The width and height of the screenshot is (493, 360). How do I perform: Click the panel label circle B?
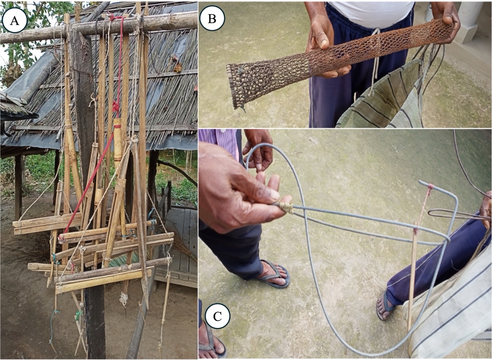pyautogui.click(x=212, y=18)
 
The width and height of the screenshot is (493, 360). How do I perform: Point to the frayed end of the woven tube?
pyautogui.click(x=236, y=87)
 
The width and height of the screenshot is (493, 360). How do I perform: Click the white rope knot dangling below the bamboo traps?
pyautogui.click(x=123, y=299)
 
